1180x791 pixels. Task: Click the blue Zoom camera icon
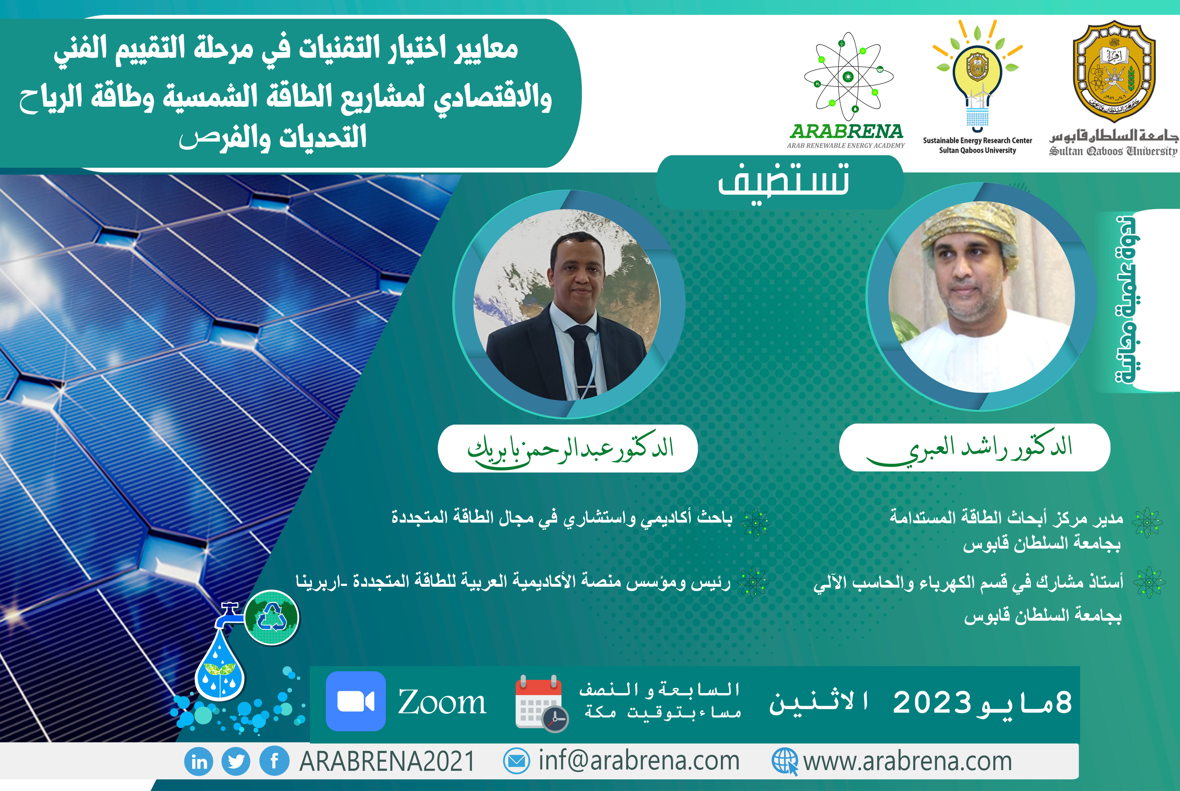(x=356, y=701)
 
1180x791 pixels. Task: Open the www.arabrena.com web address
(x=908, y=761)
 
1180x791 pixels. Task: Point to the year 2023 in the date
(x=932, y=702)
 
